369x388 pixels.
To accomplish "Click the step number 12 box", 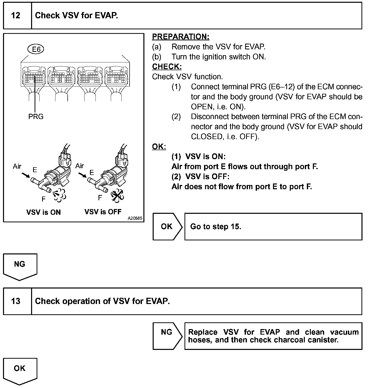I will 16,16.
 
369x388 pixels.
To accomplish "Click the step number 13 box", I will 16,301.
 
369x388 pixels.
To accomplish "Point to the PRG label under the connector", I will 36,117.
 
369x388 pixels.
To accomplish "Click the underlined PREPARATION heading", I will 180,37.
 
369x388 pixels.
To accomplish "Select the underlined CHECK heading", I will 167,67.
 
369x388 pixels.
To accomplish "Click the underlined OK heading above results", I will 159,147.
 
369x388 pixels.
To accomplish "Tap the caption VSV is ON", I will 43,212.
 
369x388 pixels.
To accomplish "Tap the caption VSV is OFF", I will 103,212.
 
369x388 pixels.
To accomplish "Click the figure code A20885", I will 135,218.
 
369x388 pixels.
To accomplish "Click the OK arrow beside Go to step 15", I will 167,227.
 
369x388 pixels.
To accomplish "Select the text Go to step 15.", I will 216,227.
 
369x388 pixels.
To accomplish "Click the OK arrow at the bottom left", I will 20,369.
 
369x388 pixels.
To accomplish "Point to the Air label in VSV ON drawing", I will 17,166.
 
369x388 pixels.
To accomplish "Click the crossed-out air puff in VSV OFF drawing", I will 117,195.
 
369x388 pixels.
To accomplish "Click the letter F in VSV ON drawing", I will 44,199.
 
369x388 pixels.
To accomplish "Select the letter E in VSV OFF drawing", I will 92,172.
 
